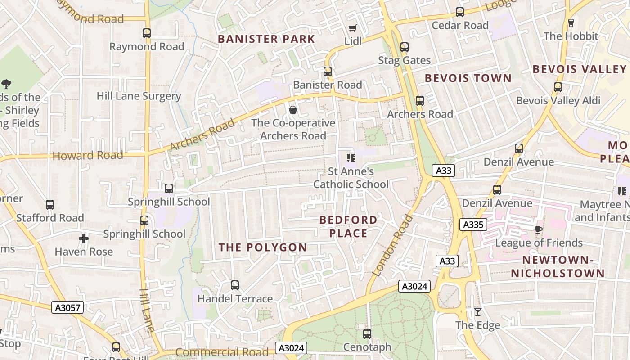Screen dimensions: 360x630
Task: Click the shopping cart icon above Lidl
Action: click(x=353, y=28)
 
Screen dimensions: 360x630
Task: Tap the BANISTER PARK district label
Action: click(x=266, y=39)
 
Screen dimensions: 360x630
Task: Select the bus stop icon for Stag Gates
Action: click(x=405, y=47)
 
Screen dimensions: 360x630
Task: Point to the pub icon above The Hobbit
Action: click(x=571, y=22)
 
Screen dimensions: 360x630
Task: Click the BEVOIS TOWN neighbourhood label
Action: click(x=468, y=78)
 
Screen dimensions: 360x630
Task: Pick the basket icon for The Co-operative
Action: click(x=293, y=110)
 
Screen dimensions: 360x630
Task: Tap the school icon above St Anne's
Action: click(x=351, y=158)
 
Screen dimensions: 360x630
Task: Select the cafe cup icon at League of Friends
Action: click(x=538, y=230)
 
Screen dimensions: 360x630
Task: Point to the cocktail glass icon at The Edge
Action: click(x=478, y=312)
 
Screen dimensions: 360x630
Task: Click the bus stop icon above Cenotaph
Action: click(x=367, y=334)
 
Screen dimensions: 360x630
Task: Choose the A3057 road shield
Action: click(x=67, y=308)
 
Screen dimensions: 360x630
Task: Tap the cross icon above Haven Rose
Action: click(x=84, y=238)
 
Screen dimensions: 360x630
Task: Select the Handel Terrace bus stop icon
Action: click(x=235, y=285)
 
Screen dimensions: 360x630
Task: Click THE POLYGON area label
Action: click(x=263, y=247)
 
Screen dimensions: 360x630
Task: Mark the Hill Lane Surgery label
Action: click(x=139, y=96)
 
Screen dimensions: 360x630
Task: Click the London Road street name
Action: click(x=393, y=245)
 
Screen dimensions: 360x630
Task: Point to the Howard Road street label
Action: click(x=88, y=156)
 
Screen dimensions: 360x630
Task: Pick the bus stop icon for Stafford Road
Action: click(x=50, y=205)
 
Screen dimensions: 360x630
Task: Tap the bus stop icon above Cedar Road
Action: click(x=460, y=12)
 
